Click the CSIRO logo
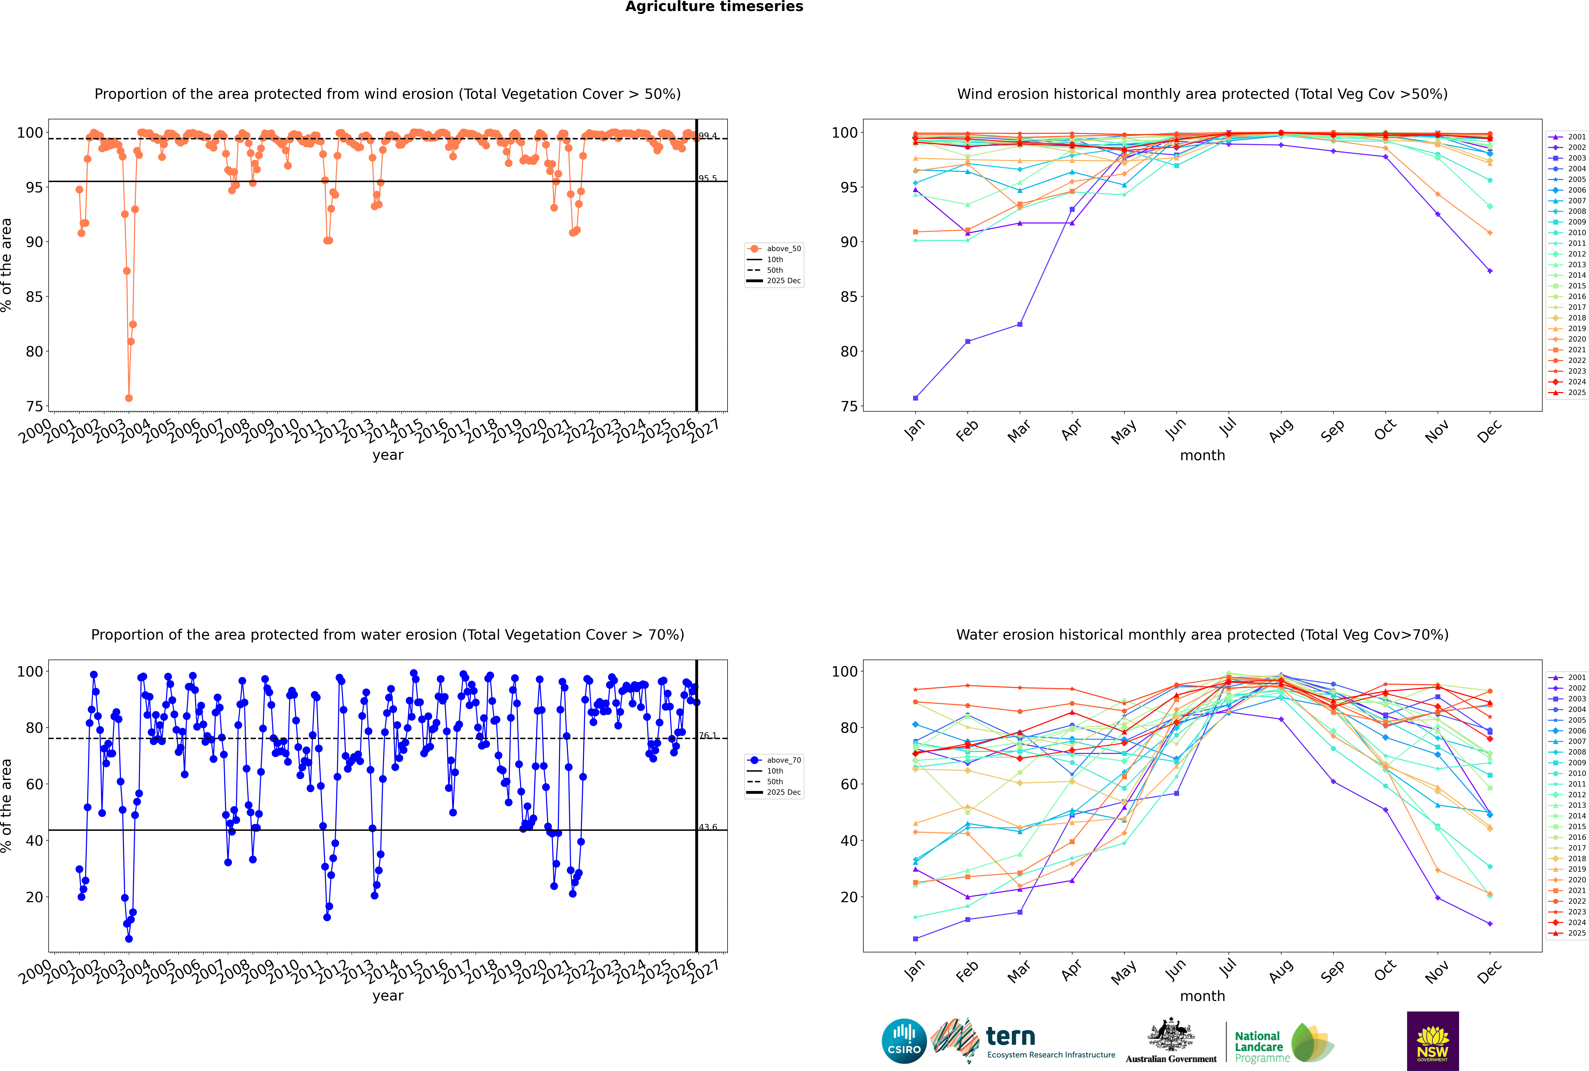tap(904, 1041)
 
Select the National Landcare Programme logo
tap(1284, 1043)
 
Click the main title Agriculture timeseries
tap(714, 7)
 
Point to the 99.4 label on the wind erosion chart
tap(708, 136)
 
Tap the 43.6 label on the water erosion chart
tap(708, 827)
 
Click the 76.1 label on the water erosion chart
tap(708, 736)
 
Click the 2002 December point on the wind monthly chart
tap(1490, 271)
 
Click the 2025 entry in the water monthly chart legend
tap(1577, 933)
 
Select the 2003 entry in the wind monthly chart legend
tap(1577, 158)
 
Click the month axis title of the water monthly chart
tap(1202, 996)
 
